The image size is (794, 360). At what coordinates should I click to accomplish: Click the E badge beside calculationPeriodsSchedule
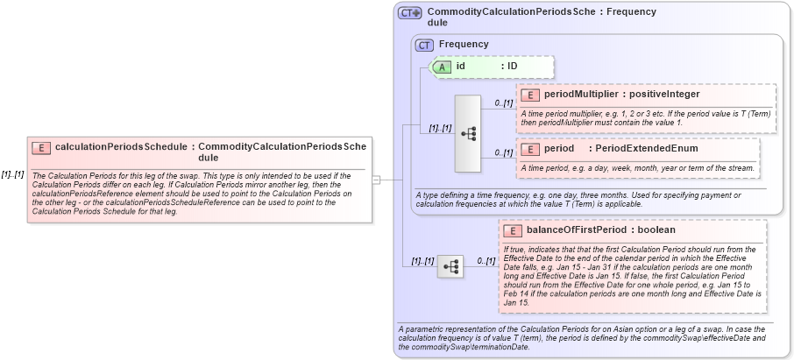pyautogui.click(x=41, y=148)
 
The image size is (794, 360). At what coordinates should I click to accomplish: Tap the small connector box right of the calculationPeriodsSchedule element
pyautogui.click(x=376, y=180)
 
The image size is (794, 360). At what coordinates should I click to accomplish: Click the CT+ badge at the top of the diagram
pyautogui.click(x=410, y=13)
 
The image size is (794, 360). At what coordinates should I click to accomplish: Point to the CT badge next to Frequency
pyautogui.click(x=425, y=45)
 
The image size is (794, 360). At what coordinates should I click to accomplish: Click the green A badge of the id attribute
pyautogui.click(x=443, y=66)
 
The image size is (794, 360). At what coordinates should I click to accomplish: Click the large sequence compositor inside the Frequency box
pyautogui.click(x=468, y=133)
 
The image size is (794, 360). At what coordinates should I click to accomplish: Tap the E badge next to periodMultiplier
pyautogui.click(x=529, y=95)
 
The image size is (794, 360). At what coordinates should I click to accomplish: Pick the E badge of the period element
pyautogui.click(x=529, y=149)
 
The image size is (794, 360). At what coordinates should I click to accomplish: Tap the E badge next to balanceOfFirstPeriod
pyautogui.click(x=513, y=230)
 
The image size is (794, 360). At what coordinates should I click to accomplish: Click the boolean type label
pyautogui.click(x=656, y=230)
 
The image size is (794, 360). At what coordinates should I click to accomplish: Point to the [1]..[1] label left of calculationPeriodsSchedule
pyautogui.click(x=12, y=173)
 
